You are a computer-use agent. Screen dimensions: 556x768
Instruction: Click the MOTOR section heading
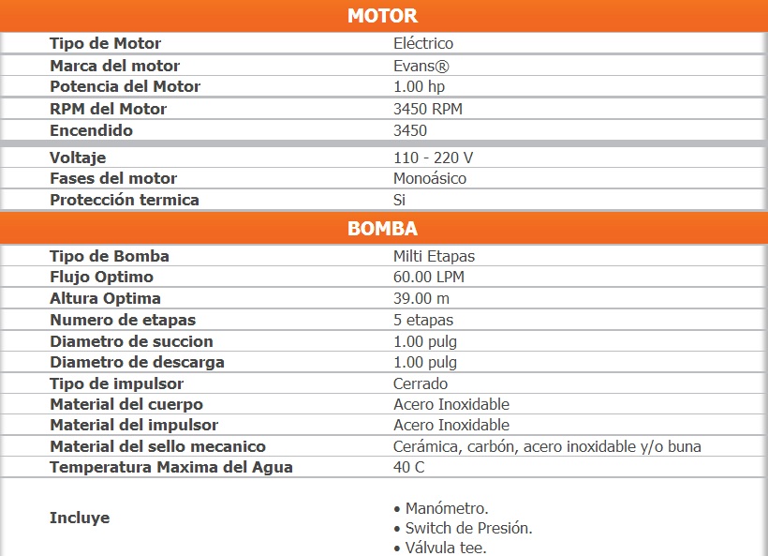click(382, 16)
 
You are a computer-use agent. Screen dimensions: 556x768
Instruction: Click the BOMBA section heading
click(382, 229)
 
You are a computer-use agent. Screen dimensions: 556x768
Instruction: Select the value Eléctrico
click(423, 43)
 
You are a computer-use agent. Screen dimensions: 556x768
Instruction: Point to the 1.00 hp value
click(419, 86)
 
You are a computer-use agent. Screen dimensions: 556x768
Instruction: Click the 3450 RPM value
click(428, 109)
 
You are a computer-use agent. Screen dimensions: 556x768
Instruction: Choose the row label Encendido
click(91, 130)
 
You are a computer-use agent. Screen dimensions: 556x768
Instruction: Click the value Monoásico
click(430, 178)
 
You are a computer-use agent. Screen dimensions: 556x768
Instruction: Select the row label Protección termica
click(125, 200)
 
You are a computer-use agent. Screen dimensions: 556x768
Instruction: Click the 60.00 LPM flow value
click(429, 277)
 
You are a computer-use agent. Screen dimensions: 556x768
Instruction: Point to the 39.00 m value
click(421, 298)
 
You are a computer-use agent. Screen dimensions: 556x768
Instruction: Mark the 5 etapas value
click(423, 320)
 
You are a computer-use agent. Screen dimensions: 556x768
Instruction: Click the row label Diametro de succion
click(131, 341)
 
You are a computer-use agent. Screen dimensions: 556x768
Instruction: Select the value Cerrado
click(421, 383)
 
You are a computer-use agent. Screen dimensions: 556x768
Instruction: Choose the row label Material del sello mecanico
click(157, 446)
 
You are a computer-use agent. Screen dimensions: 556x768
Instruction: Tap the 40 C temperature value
click(408, 467)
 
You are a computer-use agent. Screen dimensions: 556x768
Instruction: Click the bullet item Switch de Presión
click(468, 528)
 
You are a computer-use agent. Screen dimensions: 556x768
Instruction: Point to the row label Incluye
click(80, 518)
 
